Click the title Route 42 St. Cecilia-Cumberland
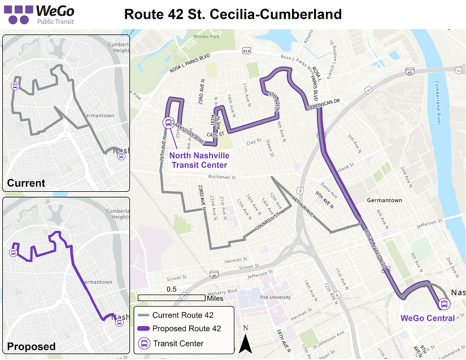(233, 14)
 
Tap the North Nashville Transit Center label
(199, 160)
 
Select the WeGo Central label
(428, 318)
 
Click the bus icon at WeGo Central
(445, 305)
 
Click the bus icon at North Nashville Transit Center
(168, 122)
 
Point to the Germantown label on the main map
(384, 200)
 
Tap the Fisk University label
(276, 297)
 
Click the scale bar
(171, 297)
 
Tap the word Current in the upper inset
(26, 183)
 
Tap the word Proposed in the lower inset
(31, 346)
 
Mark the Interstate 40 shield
(214, 276)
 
